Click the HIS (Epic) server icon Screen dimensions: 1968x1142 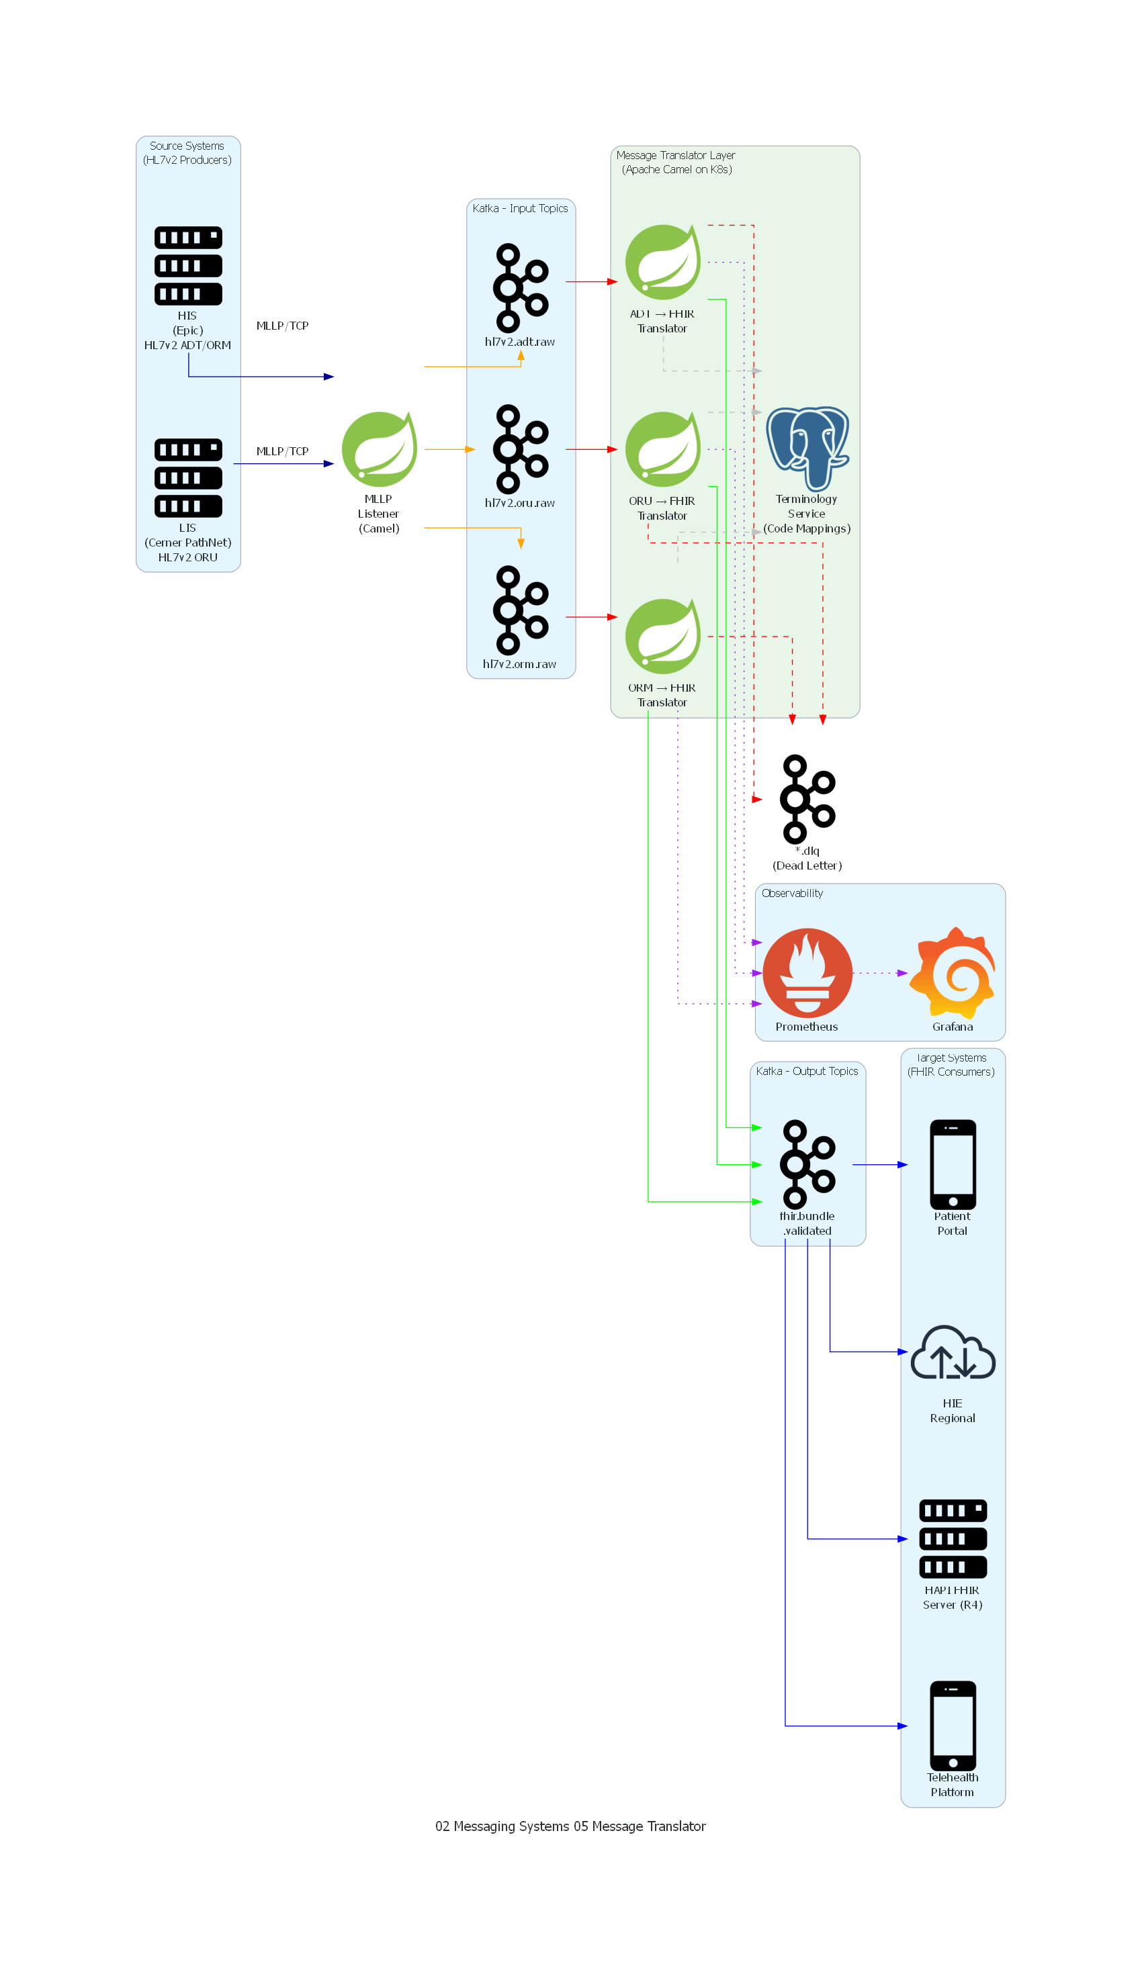tap(188, 265)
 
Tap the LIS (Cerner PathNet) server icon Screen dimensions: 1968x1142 tap(188, 478)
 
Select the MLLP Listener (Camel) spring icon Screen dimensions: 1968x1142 tap(380, 450)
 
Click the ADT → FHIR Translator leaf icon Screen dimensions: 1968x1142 tap(663, 263)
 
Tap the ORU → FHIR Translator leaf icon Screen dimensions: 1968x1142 tap(663, 450)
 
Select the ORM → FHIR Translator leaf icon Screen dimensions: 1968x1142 tap(663, 637)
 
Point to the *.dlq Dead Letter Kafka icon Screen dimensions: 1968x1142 tap(807, 799)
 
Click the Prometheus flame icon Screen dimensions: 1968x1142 tap(807, 973)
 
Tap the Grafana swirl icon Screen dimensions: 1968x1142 tap(953, 973)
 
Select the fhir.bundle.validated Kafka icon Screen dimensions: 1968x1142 tap(807, 1164)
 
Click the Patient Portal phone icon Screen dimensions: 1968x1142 tap(953, 1164)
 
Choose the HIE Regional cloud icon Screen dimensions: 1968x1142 tap(953, 1352)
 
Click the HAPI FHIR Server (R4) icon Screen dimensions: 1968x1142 tap(953, 1539)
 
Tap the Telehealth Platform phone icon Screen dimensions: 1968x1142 tap(953, 1726)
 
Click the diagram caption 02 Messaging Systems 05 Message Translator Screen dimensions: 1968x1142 tap(570, 1826)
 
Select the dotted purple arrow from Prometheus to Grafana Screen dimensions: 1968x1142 tap(880, 973)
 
